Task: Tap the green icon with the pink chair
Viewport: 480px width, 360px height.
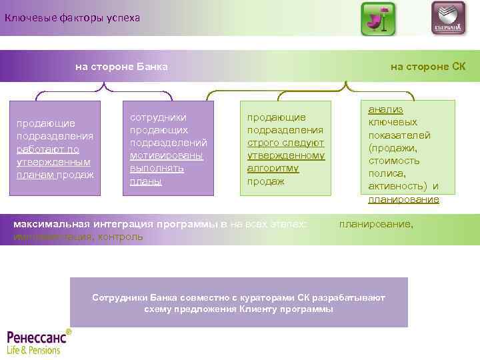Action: [378, 19]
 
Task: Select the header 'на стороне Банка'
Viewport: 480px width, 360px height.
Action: [121, 67]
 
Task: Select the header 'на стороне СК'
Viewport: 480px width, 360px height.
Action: [427, 67]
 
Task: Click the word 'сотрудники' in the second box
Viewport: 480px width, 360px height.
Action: [158, 117]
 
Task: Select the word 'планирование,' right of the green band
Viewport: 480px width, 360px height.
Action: [376, 225]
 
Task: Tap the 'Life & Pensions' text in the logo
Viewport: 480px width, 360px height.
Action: [33, 349]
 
